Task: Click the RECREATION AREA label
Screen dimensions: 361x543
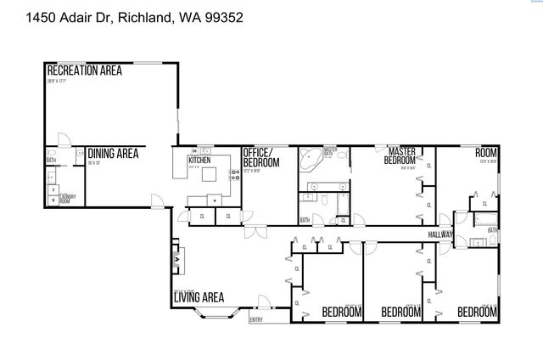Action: (x=84, y=71)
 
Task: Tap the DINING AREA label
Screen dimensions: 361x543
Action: (x=113, y=154)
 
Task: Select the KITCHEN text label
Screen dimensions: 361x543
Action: (x=199, y=160)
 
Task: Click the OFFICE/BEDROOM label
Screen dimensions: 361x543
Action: (x=260, y=157)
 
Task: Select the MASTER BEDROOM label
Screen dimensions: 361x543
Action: (x=400, y=155)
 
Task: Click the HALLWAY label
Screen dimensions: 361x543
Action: (x=440, y=235)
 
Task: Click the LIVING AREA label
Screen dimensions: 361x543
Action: (x=199, y=297)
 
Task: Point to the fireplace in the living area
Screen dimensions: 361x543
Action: (x=176, y=257)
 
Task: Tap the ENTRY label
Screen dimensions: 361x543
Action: (x=255, y=319)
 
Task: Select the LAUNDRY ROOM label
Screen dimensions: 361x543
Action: (x=68, y=200)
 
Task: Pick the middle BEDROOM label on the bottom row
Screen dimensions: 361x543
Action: (x=401, y=313)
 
